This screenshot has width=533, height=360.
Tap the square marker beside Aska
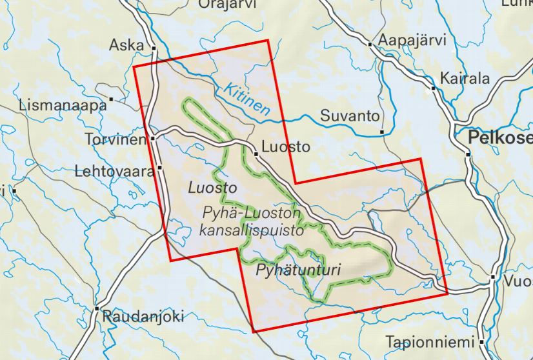[x=154, y=48]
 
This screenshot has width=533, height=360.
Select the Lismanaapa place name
[x=63, y=105]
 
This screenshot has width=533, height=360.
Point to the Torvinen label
[x=116, y=139]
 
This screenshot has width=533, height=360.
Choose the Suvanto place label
[x=350, y=117]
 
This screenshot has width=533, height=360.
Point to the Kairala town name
[x=465, y=79]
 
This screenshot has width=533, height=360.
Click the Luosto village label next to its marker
[x=287, y=147]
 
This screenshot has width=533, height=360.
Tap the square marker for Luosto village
[x=256, y=154]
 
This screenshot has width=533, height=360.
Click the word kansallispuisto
[x=252, y=229]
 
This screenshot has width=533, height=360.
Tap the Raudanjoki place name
[x=143, y=316]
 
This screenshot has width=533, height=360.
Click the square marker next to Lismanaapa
[x=112, y=99]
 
